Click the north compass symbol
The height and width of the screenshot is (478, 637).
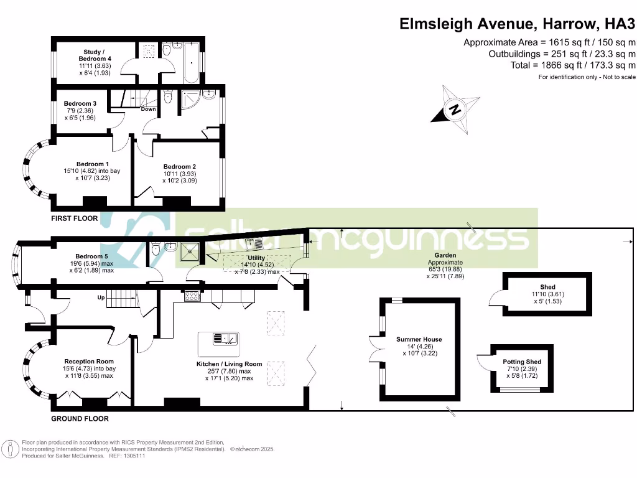point(456,111)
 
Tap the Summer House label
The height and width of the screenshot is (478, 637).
point(419,339)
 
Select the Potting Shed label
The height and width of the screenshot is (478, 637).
point(522,362)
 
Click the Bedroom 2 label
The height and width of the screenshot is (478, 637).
point(180,167)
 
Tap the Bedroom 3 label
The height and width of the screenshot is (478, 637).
point(80,103)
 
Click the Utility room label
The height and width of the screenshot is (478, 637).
point(256,258)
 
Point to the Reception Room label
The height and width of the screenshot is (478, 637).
point(89,361)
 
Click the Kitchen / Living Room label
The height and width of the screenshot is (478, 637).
point(230,363)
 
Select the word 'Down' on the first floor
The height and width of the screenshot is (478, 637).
point(148,109)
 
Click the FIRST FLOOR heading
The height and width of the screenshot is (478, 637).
point(75,219)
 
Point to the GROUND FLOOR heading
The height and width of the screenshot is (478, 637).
point(80,419)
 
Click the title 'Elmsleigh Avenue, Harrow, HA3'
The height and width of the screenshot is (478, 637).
point(517,24)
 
